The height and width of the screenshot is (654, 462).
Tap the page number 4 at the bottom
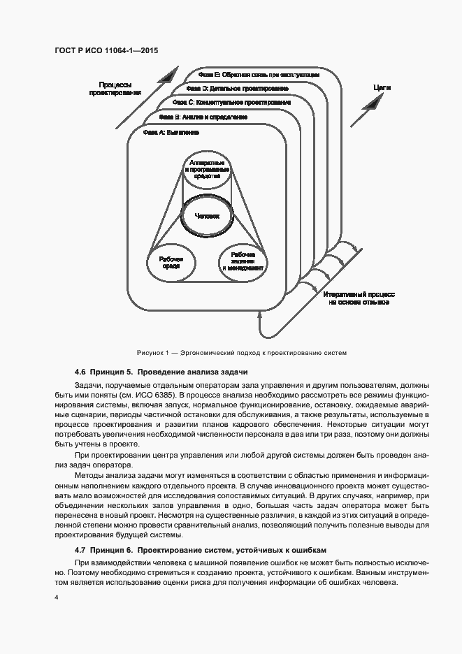point(55,598)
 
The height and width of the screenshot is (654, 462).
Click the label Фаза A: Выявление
point(171,131)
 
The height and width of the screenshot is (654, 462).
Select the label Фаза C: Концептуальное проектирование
point(231,103)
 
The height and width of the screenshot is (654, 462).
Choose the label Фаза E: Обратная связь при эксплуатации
point(259,75)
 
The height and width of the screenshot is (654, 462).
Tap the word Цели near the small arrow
point(382,89)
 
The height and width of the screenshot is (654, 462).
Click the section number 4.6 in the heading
point(80,372)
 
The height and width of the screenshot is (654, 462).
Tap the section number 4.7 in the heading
point(80,550)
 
